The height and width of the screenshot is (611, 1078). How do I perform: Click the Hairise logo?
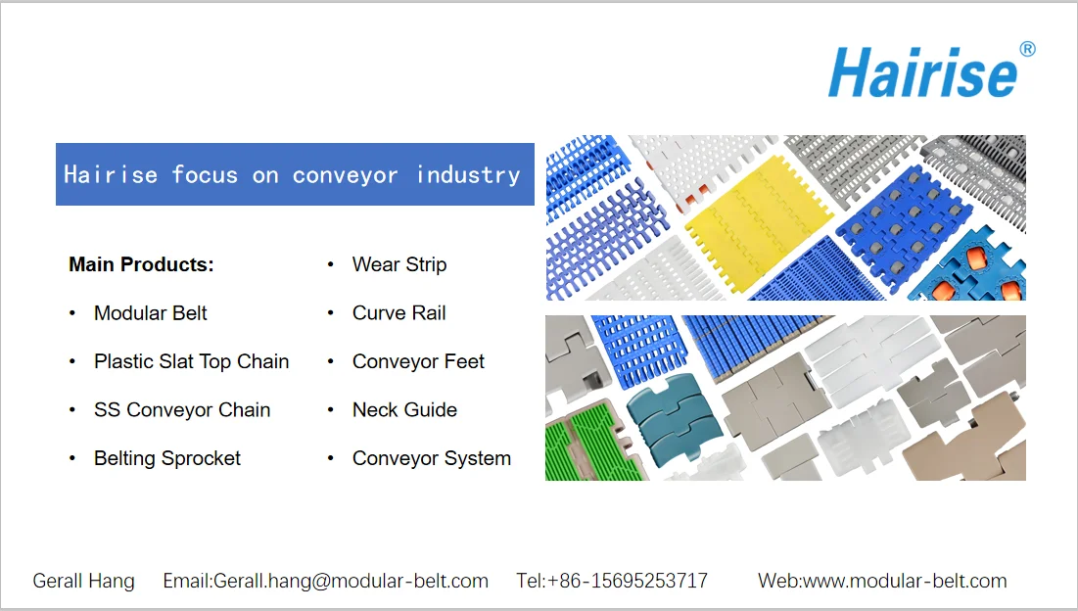[x=921, y=72]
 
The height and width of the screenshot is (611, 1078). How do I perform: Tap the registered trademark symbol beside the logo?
[x=1027, y=49]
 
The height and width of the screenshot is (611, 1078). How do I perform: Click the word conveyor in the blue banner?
[x=345, y=175]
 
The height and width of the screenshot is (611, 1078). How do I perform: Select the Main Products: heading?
[x=141, y=264]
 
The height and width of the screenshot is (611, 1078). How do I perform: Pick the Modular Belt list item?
[x=151, y=313]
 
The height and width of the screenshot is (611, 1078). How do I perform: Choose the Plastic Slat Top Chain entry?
[x=191, y=361]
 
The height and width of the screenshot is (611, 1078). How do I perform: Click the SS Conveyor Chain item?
[x=182, y=410]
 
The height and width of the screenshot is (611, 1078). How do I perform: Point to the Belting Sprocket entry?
[x=167, y=458]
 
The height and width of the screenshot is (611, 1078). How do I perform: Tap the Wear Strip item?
[x=399, y=264]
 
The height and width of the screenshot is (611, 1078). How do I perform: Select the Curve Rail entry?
[x=399, y=313]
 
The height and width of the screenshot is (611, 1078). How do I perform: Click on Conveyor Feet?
[x=418, y=361]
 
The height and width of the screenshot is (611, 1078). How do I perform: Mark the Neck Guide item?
[x=404, y=410]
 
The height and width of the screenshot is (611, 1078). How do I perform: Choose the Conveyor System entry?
[x=432, y=458]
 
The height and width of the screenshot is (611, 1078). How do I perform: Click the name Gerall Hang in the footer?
[x=84, y=581]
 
